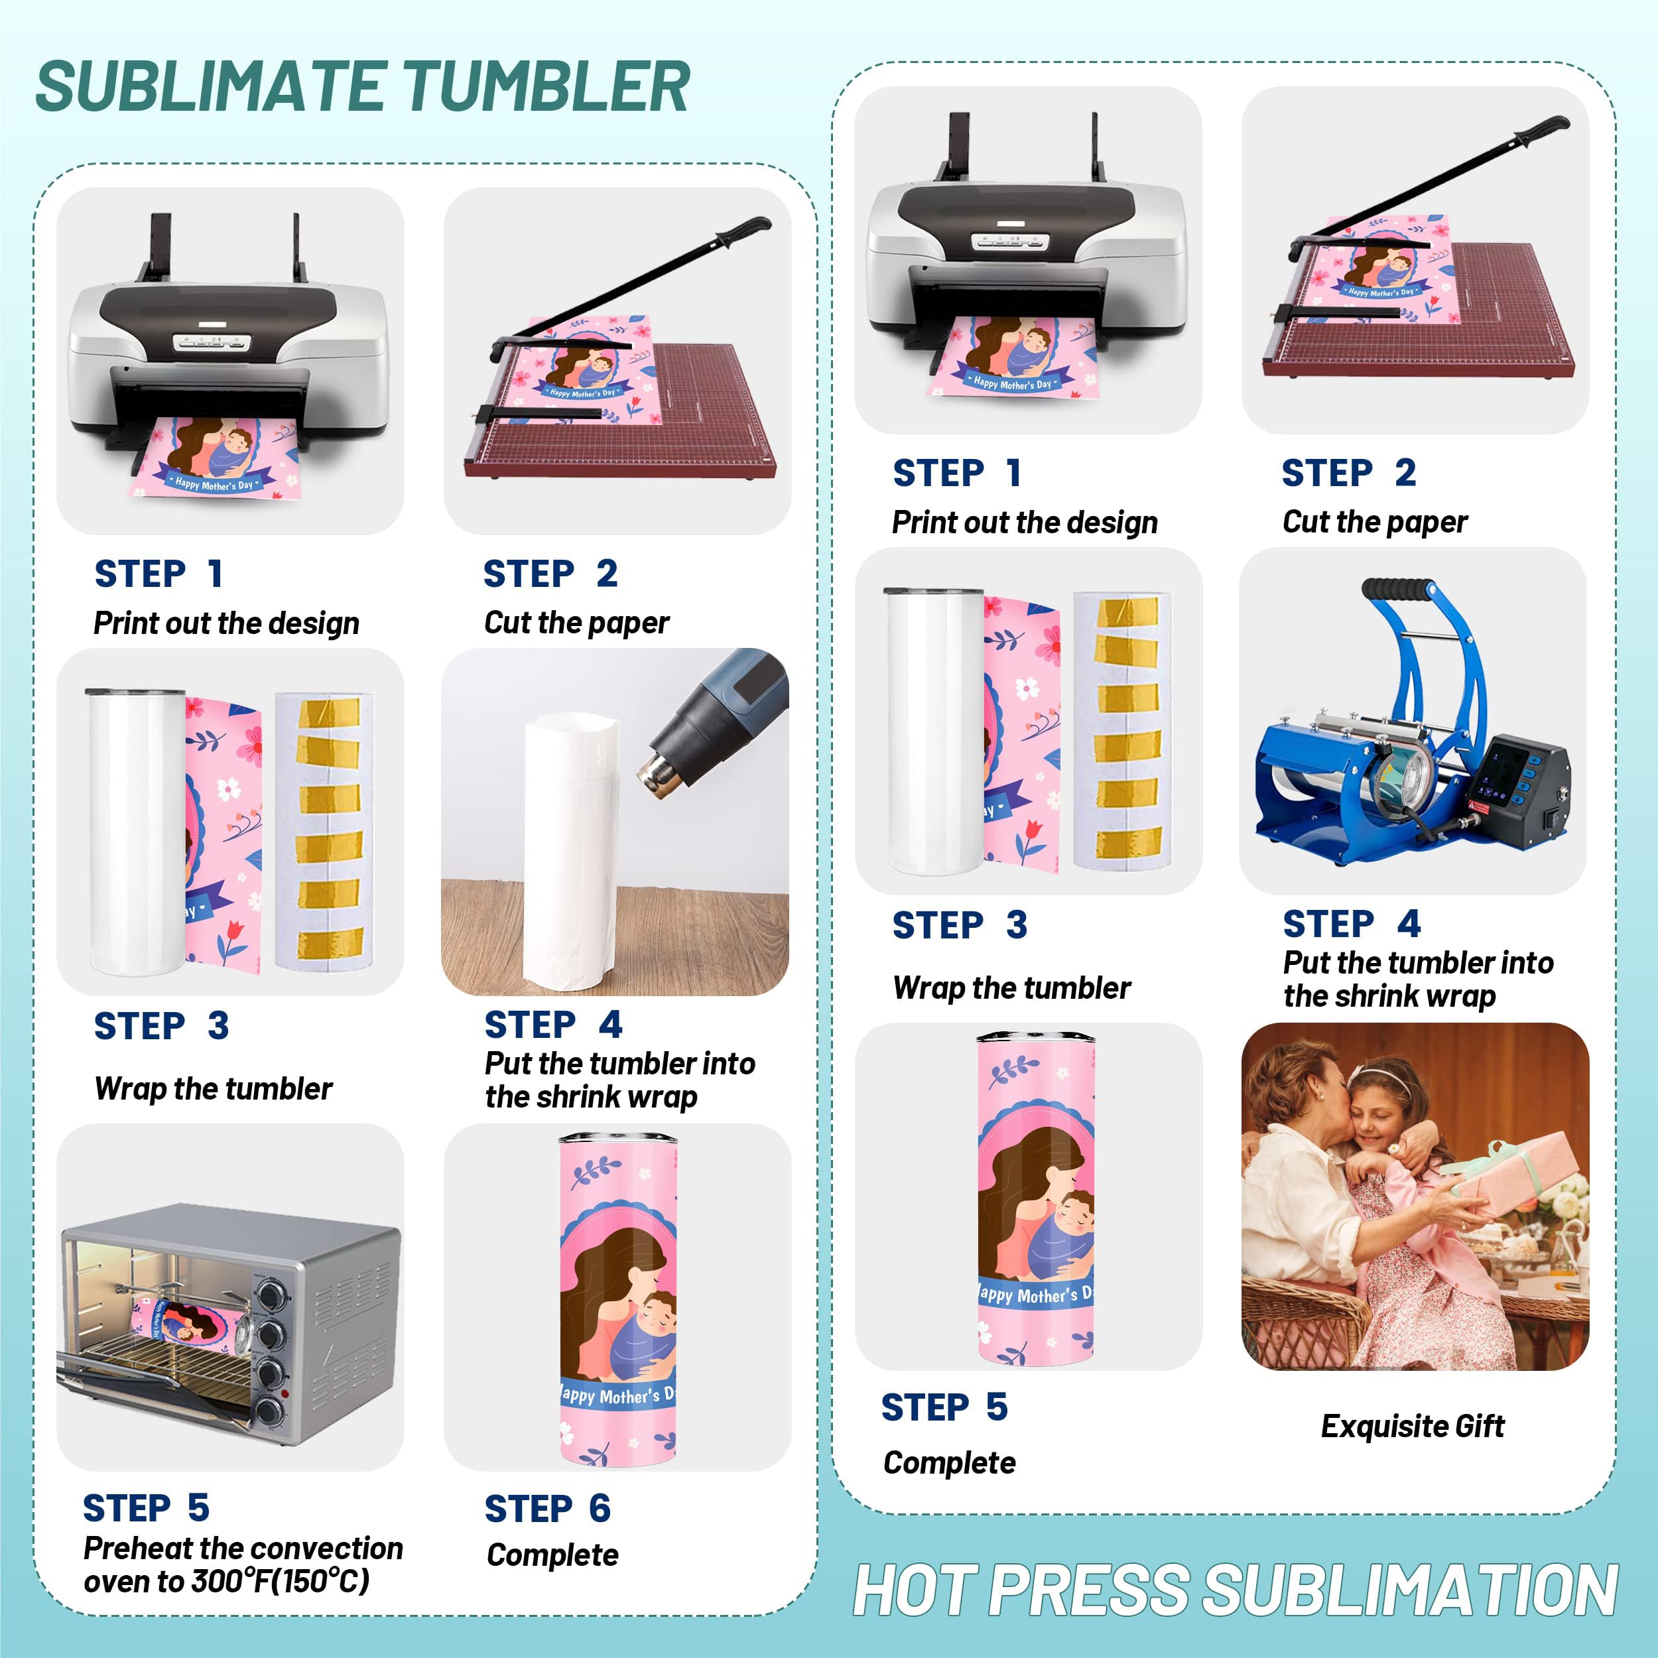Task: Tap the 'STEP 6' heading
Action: point(548,1509)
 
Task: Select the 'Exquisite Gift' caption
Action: point(1412,1427)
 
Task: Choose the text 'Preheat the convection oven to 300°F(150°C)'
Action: point(243,1564)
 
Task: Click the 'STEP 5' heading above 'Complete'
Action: point(944,1407)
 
